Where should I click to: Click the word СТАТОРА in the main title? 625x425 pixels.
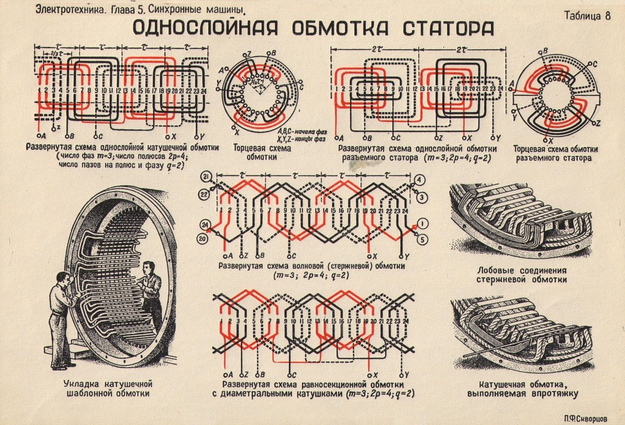[x=448, y=28]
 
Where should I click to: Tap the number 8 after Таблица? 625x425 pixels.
[x=608, y=15]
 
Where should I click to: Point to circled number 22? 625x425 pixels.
[x=205, y=194]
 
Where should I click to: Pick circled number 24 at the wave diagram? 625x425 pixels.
[x=205, y=225]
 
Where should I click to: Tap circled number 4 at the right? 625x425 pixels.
[x=419, y=180]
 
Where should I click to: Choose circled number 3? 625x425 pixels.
[x=421, y=197]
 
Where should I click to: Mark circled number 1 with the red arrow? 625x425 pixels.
[x=423, y=224]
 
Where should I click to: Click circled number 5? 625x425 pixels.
[x=422, y=239]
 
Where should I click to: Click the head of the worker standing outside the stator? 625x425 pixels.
[x=63, y=281]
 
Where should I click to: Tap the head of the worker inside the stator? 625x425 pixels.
[x=148, y=269]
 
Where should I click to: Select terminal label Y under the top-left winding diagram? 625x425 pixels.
[x=202, y=137]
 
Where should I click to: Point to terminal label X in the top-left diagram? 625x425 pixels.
[x=173, y=137]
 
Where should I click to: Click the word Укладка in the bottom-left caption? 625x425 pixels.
[x=81, y=384]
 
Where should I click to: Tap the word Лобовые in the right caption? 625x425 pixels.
[x=496, y=270]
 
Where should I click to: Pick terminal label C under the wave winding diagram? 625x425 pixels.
[x=293, y=256]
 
